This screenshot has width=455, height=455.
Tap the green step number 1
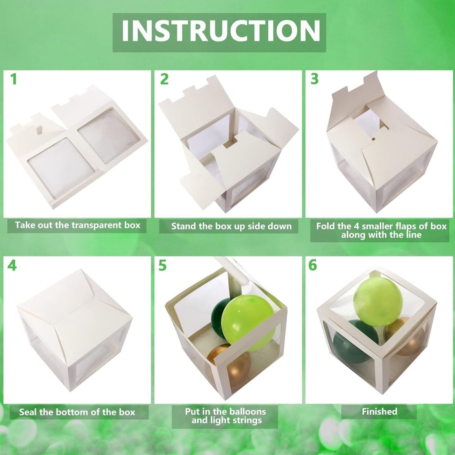point(13,79)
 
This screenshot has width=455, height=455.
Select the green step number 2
point(164,79)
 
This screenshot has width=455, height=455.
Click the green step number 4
point(12,266)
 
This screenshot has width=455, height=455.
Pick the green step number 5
point(162,266)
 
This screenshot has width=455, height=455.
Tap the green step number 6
point(313,265)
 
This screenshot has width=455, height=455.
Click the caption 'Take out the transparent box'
point(78,225)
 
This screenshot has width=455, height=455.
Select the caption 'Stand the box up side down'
point(231,226)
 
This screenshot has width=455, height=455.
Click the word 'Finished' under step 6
point(379,411)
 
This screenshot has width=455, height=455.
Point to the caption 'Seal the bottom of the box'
point(77,412)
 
